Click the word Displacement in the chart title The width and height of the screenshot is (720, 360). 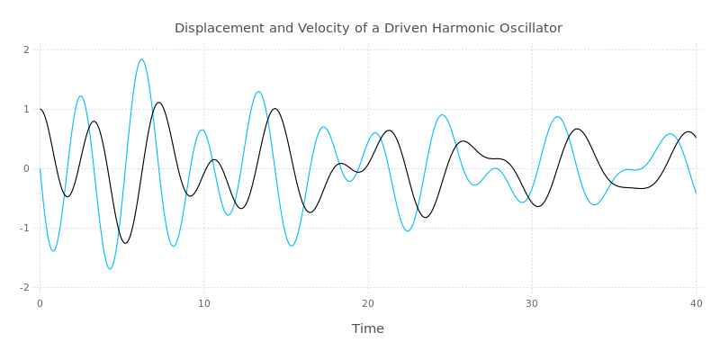[211, 28]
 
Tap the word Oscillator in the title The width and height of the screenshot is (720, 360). [529, 28]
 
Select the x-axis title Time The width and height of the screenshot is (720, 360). [367, 328]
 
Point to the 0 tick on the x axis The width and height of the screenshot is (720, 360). [40, 303]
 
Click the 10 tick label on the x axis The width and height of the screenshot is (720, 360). [204, 303]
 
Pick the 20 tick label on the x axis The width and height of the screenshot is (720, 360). [367, 303]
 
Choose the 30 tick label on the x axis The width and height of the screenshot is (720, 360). [532, 303]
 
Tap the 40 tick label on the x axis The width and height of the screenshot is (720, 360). [696, 303]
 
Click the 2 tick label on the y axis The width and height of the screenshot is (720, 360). [27, 49]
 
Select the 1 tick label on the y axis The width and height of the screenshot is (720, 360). [27, 109]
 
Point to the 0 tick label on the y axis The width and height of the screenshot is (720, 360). [27, 168]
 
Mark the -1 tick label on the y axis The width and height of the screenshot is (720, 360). [25, 228]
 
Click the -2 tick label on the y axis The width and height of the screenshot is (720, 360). [25, 287]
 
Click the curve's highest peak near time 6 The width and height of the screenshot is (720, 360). [141, 59]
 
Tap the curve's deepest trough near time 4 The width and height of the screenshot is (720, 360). [111, 268]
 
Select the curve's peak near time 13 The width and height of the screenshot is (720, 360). [259, 92]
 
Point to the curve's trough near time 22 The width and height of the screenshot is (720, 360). [408, 231]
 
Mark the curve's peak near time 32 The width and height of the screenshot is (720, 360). [558, 117]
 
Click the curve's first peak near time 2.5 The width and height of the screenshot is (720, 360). [80, 96]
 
